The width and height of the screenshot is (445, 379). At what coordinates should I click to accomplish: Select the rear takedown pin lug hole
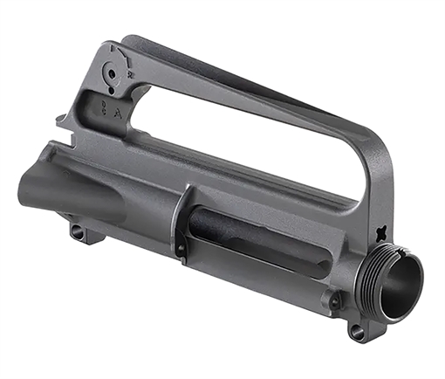pos(77,232)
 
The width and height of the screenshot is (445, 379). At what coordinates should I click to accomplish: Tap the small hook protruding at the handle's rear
pos(61,119)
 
